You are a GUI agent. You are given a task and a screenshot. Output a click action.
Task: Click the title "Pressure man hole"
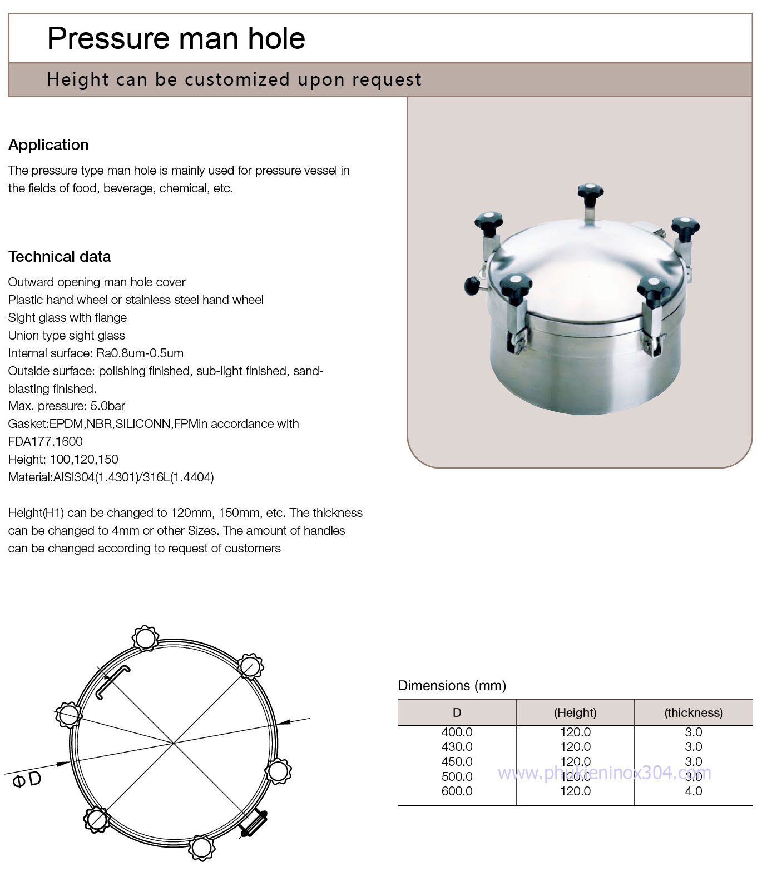pyautogui.click(x=176, y=38)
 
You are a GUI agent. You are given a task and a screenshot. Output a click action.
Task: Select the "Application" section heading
pyautogui.click(x=48, y=145)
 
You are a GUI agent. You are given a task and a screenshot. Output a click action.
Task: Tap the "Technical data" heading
pyautogui.click(x=60, y=257)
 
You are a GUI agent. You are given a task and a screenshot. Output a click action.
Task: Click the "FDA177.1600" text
pyautogui.click(x=45, y=442)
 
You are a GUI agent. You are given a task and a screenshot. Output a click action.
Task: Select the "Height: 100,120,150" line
pyautogui.click(x=63, y=460)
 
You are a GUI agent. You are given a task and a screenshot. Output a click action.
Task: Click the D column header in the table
pyautogui.click(x=457, y=712)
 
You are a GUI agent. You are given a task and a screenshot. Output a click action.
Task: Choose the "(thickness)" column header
pyautogui.click(x=693, y=712)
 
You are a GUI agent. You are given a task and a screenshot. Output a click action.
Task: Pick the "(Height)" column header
pyautogui.click(x=575, y=712)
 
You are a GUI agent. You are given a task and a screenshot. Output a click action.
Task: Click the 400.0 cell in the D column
pyautogui.click(x=457, y=732)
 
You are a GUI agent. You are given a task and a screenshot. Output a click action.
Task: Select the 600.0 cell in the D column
pyautogui.click(x=457, y=791)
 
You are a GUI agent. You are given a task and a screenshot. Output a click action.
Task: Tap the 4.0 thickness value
pyautogui.click(x=693, y=791)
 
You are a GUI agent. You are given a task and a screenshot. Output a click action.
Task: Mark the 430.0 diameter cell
pyautogui.click(x=457, y=747)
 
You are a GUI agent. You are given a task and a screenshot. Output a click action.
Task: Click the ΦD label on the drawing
pyautogui.click(x=27, y=780)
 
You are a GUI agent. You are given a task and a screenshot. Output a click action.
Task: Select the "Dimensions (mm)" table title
pyautogui.click(x=452, y=686)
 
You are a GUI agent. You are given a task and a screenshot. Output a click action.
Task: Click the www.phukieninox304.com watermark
pyautogui.click(x=604, y=773)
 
